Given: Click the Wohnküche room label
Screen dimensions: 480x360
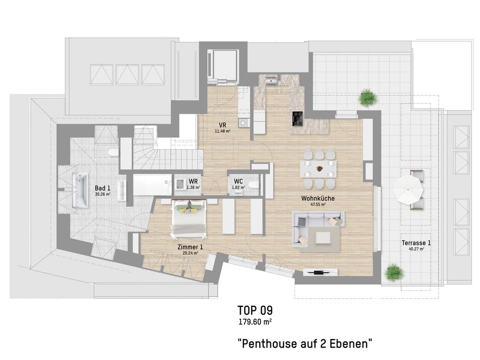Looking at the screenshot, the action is click(x=318, y=198).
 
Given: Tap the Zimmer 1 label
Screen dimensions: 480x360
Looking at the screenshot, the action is click(x=190, y=247).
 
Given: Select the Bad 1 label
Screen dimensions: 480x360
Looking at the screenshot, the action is click(x=103, y=188).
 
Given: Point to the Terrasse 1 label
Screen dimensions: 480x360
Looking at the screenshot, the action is click(x=416, y=243).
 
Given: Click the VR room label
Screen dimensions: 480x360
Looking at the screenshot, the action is click(x=223, y=125).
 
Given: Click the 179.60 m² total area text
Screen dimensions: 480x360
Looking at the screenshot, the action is click(x=255, y=322).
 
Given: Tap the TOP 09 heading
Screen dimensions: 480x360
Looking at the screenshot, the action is click(x=255, y=310).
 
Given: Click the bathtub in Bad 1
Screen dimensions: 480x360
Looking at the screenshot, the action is click(x=80, y=190).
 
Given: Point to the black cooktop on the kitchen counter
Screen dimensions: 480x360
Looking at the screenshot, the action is click(x=298, y=119).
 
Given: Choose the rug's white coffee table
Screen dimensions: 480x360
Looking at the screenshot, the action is click(x=323, y=238).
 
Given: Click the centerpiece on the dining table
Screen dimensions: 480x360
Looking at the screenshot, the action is click(x=320, y=168).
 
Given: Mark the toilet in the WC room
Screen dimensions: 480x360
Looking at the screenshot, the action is click(x=253, y=185).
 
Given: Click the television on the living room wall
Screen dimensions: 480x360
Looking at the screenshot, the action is click(x=321, y=272).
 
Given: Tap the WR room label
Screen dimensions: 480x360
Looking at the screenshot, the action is click(x=193, y=181).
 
